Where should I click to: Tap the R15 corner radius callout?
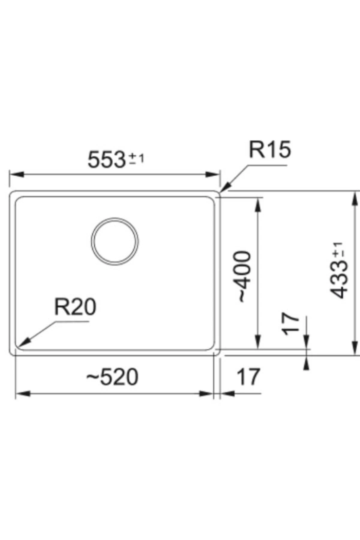(x=270, y=150)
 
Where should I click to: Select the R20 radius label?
(x=75, y=307)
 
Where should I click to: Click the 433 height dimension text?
(x=338, y=280)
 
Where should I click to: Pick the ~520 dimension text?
(x=112, y=377)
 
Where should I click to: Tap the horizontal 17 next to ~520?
(x=248, y=377)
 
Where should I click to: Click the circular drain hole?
(x=115, y=241)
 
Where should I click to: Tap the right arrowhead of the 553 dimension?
(x=214, y=174)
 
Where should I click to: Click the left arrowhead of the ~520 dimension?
(x=22, y=394)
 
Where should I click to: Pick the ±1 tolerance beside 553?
(x=137, y=158)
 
